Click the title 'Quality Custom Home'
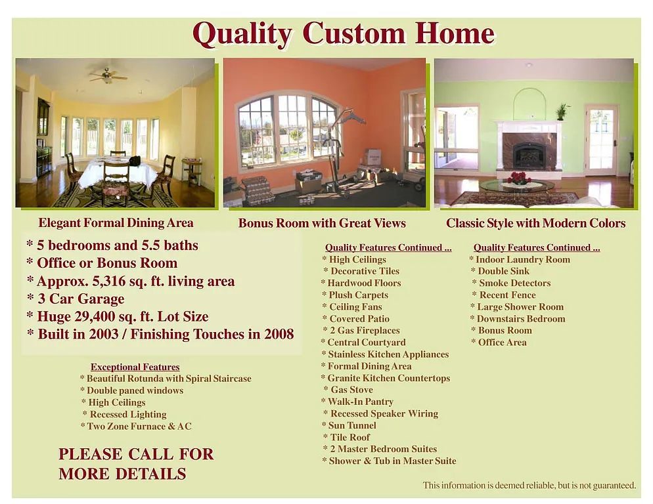click(343, 34)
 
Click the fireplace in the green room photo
click(529, 155)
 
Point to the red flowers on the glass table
click(520, 178)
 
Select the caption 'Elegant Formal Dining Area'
click(116, 222)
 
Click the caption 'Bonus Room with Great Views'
click(322, 223)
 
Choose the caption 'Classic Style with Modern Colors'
click(535, 223)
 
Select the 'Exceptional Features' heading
click(135, 367)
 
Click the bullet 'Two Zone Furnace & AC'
click(139, 427)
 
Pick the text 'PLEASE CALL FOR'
click(136, 454)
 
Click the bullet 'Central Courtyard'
click(366, 343)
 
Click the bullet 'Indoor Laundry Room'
click(522, 260)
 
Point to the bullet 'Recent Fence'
click(507, 295)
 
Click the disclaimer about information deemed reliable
click(529, 486)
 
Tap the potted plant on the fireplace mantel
click(561, 112)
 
